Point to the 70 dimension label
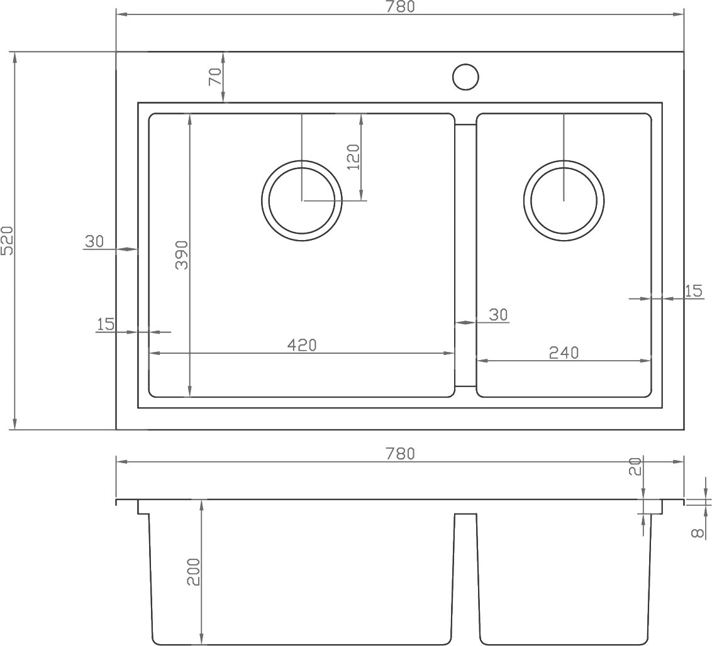(x=214, y=76)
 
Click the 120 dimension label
(x=353, y=157)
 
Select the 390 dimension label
(x=182, y=255)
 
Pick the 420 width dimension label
(x=302, y=345)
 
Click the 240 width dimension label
(x=564, y=353)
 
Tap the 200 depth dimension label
(x=194, y=572)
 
